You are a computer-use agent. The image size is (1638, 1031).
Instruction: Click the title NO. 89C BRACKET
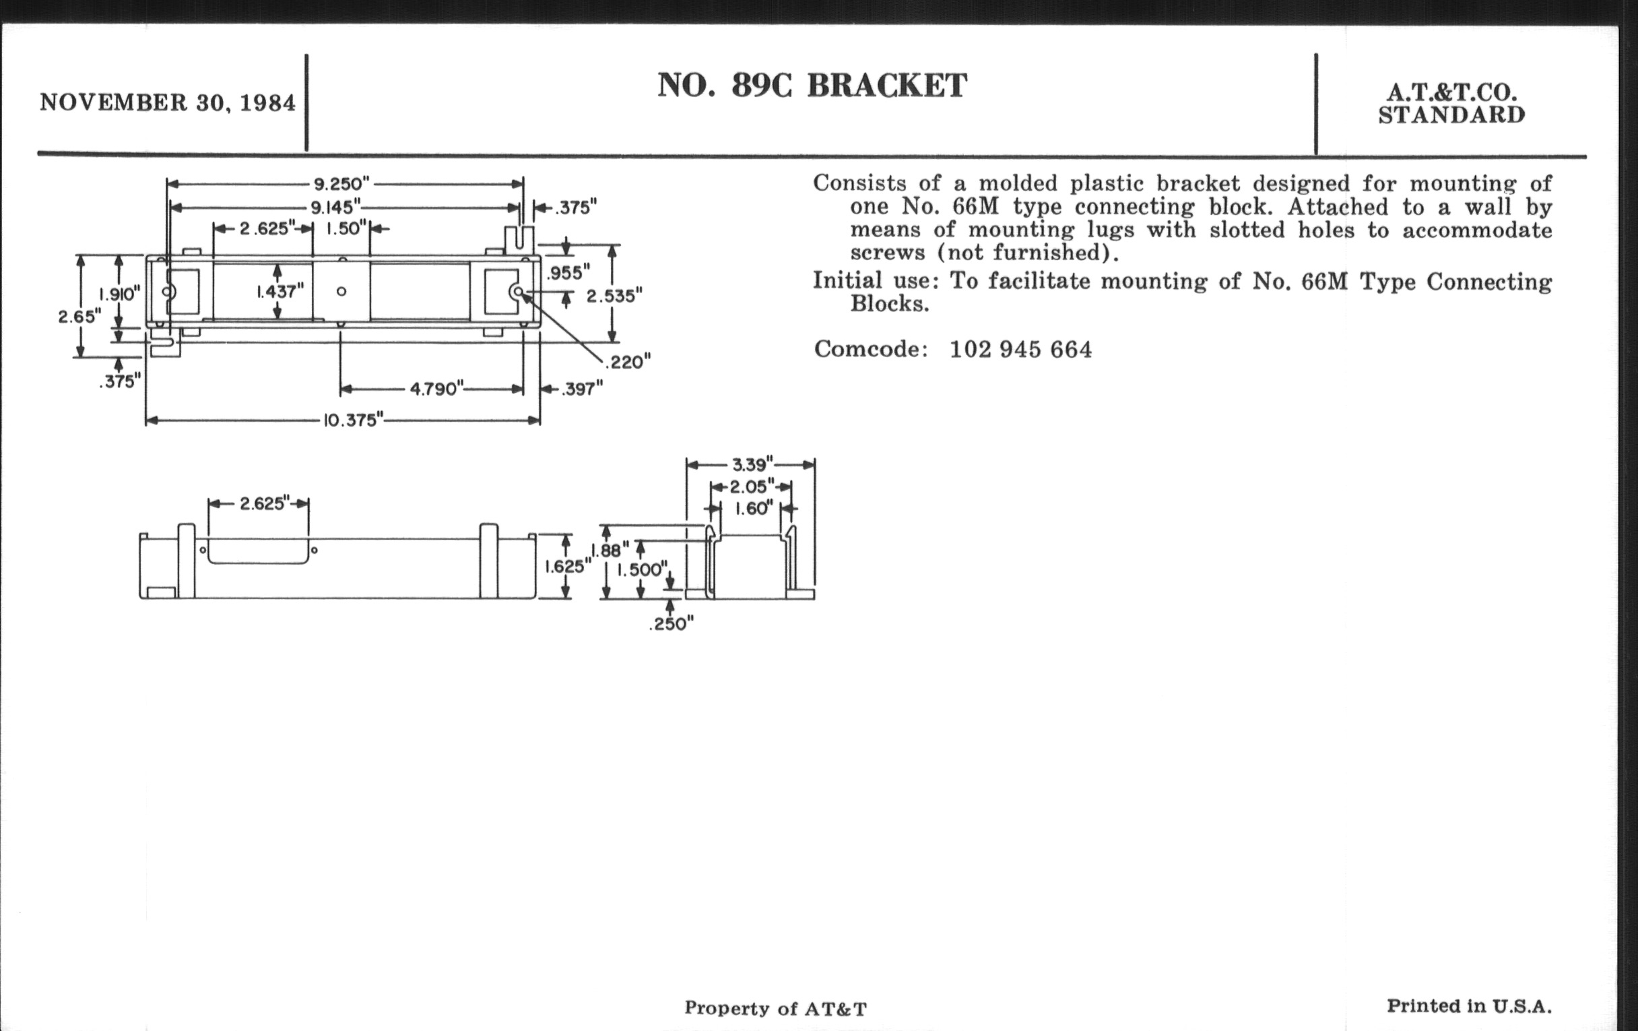coord(812,86)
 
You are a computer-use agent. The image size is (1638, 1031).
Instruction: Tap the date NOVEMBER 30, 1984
coord(168,102)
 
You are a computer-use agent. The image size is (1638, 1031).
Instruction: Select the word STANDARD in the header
coord(1451,116)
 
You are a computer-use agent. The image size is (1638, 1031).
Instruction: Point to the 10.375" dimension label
coord(351,420)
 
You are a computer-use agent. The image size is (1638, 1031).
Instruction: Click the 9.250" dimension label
coord(341,184)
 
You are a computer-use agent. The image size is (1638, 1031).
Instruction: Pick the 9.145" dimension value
coord(335,207)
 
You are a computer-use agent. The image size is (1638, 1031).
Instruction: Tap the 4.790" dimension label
coord(436,389)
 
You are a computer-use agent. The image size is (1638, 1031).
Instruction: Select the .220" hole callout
coord(628,362)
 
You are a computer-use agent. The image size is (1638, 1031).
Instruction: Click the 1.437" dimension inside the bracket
coord(280,291)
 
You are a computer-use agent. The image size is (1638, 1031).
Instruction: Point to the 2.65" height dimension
coord(79,317)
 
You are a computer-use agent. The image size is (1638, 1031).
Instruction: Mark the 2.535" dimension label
coord(614,296)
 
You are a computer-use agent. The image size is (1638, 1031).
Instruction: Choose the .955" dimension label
coord(568,273)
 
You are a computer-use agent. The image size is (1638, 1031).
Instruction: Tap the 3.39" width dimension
coord(752,465)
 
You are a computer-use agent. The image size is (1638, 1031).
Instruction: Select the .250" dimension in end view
coord(671,624)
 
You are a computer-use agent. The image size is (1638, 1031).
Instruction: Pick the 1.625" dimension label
coord(564,566)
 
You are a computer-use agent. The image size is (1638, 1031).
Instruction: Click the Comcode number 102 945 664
coord(1020,350)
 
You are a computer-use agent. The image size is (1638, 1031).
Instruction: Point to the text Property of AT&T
coord(775,1008)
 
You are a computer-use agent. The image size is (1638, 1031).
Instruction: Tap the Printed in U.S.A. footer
coord(1470,1006)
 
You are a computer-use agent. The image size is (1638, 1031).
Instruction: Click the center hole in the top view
coord(341,291)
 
